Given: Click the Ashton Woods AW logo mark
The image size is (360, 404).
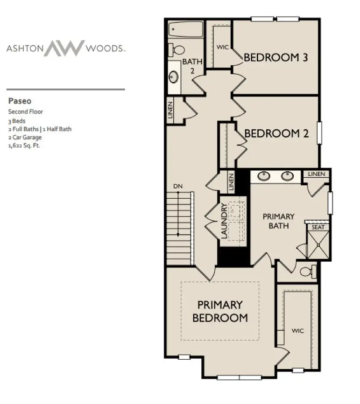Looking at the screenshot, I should pyautogui.click(x=64, y=48).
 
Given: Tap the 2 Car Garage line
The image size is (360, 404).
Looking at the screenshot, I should pyautogui.click(x=25, y=137).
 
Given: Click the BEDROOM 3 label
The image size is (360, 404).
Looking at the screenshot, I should pyautogui.click(x=276, y=58).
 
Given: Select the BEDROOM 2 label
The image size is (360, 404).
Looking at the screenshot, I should pyautogui.click(x=276, y=134).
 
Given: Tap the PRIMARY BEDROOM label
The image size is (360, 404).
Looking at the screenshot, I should pyautogui.click(x=220, y=311).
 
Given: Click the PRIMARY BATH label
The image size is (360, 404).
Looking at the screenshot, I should pyautogui.click(x=278, y=221).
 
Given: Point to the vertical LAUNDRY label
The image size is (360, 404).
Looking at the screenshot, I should pyautogui.click(x=224, y=221).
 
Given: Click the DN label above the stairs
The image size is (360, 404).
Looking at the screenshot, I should pyautogui.click(x=177, y=187).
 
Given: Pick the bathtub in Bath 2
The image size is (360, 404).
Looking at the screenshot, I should pyautogui.click(x=185, y=30).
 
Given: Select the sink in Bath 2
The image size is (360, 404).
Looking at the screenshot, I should pyautogui.click(x=174, y=77).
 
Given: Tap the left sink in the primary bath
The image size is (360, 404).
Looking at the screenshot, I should pyautogui.click(x=264, y=176).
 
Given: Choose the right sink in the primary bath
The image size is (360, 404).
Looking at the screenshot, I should pyautogui.click(x=288, y=176).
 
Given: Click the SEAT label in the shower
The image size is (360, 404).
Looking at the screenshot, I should pyautogui.click(x=318, y=227).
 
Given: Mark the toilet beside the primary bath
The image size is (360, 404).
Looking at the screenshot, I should pyautogui.click(x=308, y=272).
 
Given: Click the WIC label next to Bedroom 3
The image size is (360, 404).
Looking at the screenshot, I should pyautogui.click(x=222, y=48).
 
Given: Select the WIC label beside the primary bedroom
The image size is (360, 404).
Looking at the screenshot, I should pyautogui.click(x=297, y=331).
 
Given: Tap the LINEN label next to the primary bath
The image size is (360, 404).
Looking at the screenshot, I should pyautogui.click(x=317, y=174).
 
